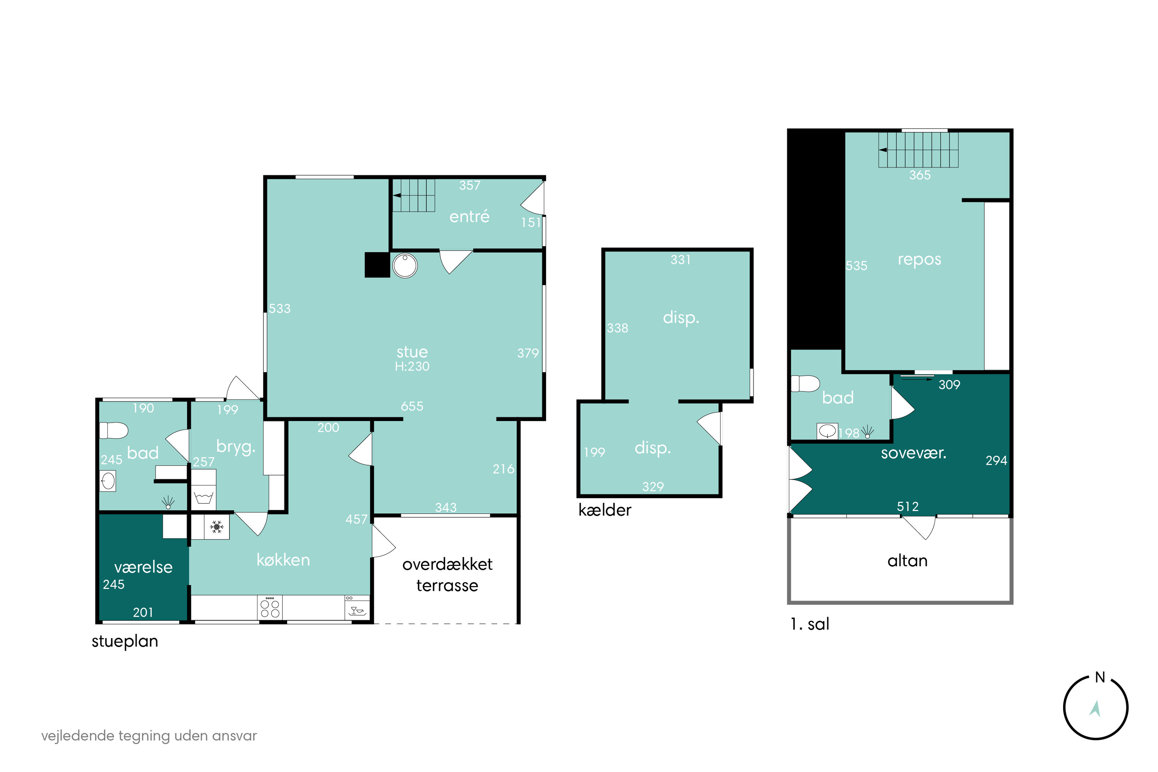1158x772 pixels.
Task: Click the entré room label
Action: click(469, 217)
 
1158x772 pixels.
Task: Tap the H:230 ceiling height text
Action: click(412, 366)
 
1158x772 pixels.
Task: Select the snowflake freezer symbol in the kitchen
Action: click(217, 527)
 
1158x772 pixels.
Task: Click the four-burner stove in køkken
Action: click(270, 608)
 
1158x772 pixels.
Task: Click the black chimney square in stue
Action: click(377, 265)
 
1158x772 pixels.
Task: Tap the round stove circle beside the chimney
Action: click(405, 266)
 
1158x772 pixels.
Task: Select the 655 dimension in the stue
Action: click(412, 406)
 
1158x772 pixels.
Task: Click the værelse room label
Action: click(143, 567)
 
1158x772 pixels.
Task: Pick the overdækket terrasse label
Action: click(447, 575)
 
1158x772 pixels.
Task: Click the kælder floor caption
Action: click(604, 510)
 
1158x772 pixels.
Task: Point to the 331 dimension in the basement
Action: click(681, 259)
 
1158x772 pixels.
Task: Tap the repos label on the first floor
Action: click(919, 260)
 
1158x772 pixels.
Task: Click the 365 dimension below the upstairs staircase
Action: click(920, 175)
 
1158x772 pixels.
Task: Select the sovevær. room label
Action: click(913, 453)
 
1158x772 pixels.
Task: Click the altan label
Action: click(907, 561)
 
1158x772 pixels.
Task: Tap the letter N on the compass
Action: click(1100, 677)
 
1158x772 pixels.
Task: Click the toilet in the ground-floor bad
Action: click(114, 430)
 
